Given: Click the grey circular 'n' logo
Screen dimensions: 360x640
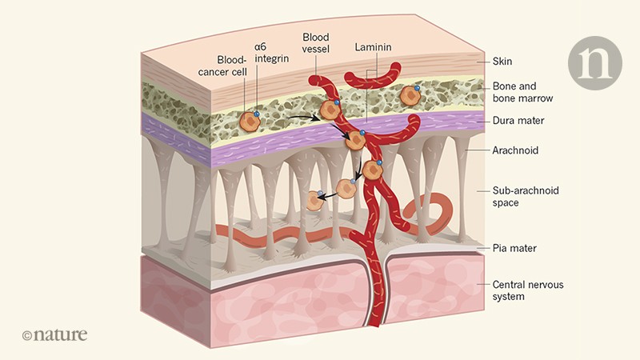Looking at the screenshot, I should pyautogui.click(x=594, y=62).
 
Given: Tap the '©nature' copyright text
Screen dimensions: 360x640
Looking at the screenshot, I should pyautogui.click(x=54, y=334).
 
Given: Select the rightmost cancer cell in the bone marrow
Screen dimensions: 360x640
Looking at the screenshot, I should pyautogui.click(x=410, y=95).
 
